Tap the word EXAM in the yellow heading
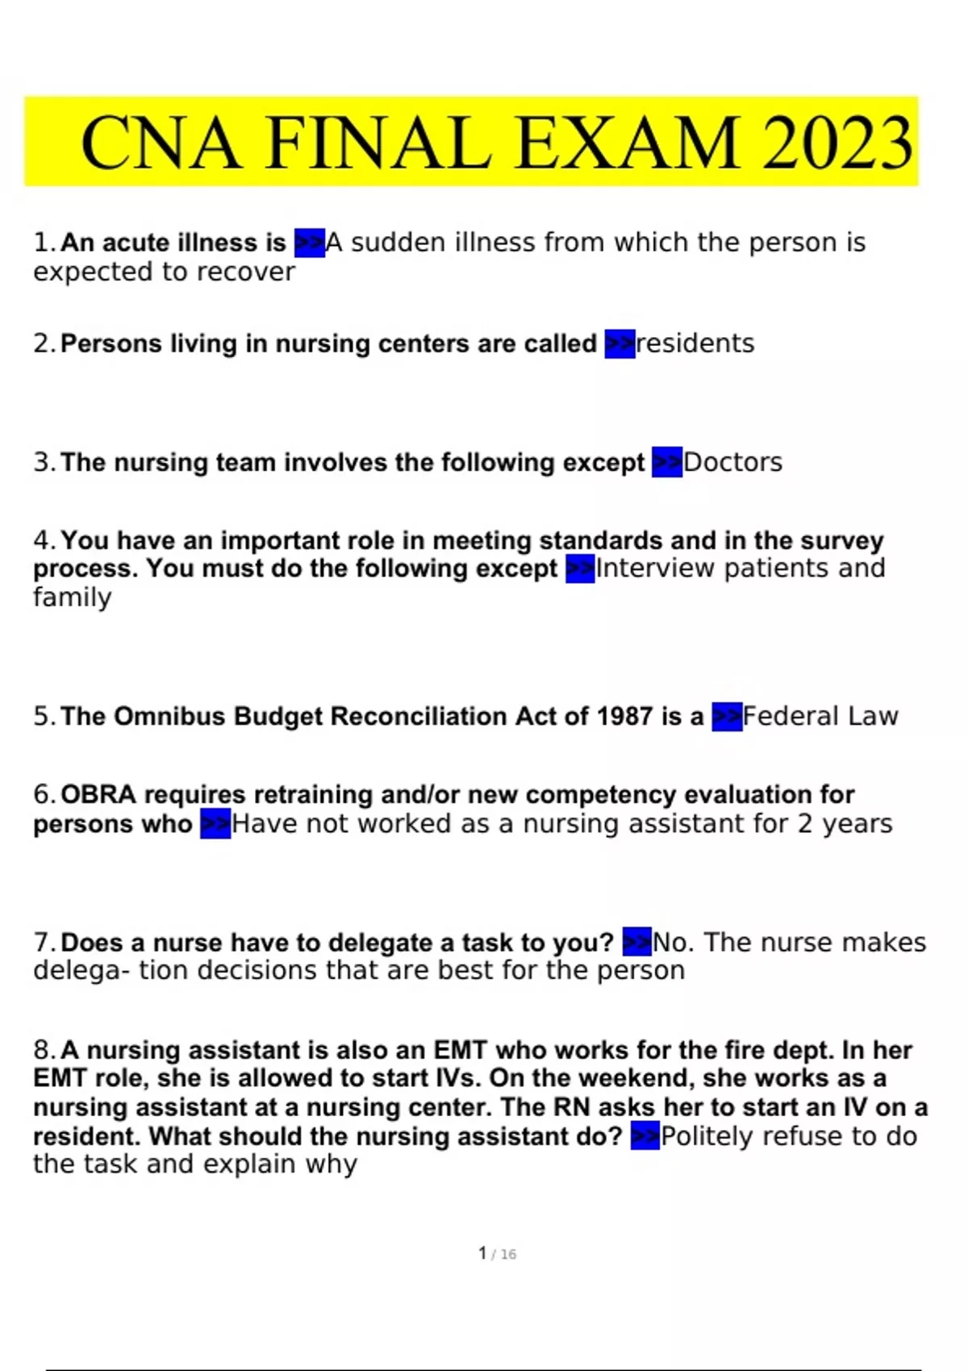[x=627, y=144]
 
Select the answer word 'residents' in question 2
[x=695, y=344]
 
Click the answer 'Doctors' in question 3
[x=732, y=462]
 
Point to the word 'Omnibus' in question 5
[x=169, y=716]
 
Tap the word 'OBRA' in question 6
[x=98, y=794]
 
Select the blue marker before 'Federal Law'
[x=727, y=716]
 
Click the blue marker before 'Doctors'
[x=667, y=462]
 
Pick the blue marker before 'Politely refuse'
[x=645, y=1136]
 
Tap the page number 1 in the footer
[x=482, y=1253]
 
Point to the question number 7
[x=44, y=942]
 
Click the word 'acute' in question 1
[x=136, y=242]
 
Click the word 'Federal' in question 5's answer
[x=786, y=716]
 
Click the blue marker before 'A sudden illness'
[x=310, y=242]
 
